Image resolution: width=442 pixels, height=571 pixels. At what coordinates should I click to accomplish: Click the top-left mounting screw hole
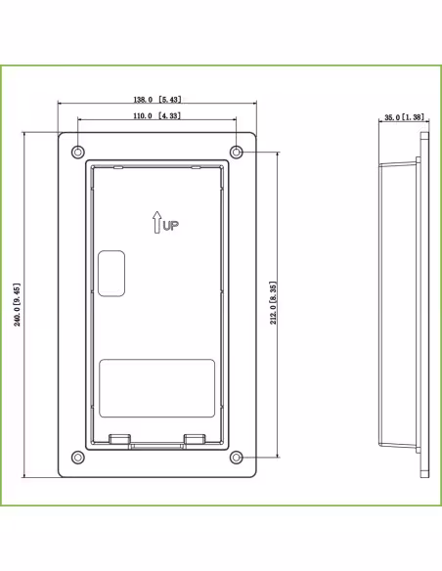pos(77,152)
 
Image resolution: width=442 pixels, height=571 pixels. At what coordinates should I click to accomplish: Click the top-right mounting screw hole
pos(237,152)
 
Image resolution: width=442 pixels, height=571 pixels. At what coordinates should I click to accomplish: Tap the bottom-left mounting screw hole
pos(77,458)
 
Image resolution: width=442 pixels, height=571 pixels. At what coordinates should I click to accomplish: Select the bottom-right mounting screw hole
pos(237,458)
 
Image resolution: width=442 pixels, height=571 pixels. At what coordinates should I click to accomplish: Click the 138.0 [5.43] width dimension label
pos(156,99)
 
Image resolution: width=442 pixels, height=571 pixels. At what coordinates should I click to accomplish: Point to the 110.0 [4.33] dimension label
pos(156,115)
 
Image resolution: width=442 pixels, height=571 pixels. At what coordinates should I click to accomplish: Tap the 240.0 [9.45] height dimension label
pos(17,304)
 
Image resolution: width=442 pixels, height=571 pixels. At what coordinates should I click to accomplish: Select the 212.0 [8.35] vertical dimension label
pos(273,303)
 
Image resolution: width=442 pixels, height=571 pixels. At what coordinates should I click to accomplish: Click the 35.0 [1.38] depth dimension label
pos(404,117)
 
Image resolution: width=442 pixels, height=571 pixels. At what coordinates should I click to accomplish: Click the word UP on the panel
pos(171,226)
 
